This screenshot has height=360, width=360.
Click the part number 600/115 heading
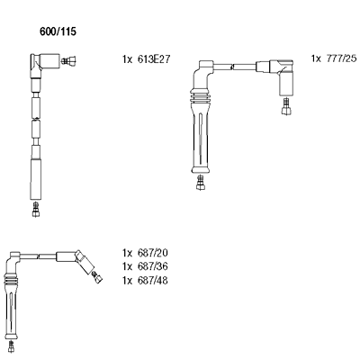[58, 31]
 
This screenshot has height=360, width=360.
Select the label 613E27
[154, 59]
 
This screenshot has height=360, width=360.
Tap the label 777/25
[341, 58]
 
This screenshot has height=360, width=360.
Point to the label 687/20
[152, 253]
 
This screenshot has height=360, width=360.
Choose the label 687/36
[152, 266]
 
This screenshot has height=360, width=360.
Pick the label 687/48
[152, 280]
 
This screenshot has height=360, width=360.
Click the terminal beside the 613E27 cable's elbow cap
[68, 61]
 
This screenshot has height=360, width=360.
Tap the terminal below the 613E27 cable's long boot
[36, 209]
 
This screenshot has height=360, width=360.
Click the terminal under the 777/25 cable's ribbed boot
[200, 183]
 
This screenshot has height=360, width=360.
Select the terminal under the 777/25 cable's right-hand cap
[286, 106]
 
